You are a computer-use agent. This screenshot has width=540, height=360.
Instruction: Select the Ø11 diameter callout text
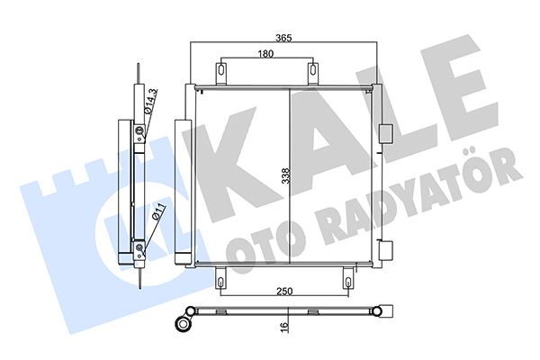pyautogui.click(x=157, y=214)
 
